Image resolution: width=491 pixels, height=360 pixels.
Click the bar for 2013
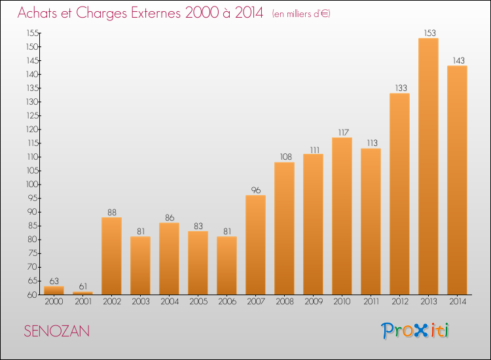click(428, 166)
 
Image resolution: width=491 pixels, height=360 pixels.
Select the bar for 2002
click(112, 256)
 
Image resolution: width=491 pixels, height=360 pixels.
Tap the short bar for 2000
click(54, 290)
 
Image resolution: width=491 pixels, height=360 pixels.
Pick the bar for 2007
click(256, 245)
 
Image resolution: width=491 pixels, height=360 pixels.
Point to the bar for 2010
click(342, 216)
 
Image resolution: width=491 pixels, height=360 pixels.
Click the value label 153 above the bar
click(429, 33)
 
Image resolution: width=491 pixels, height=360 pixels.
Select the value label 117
click(343, 132)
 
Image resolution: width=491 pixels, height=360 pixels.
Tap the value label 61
click(83, 287)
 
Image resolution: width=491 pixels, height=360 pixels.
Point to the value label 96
click(256, 190)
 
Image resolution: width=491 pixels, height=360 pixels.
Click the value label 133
click(401, 88)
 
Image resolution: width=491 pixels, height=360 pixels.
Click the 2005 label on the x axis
click(198, 302)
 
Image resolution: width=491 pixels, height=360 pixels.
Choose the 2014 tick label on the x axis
click(458, 302)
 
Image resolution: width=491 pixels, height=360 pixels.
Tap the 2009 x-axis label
click(314, 302)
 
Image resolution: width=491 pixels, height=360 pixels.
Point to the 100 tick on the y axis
click(32, 185)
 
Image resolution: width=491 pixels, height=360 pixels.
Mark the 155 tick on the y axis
click(33, 33)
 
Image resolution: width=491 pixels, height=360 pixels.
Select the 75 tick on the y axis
click(33, 253)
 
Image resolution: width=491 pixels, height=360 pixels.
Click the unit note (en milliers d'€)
click(301, 14)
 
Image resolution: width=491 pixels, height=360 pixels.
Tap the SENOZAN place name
click(57, 331)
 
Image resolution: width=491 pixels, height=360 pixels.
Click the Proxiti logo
click(415, 331)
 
